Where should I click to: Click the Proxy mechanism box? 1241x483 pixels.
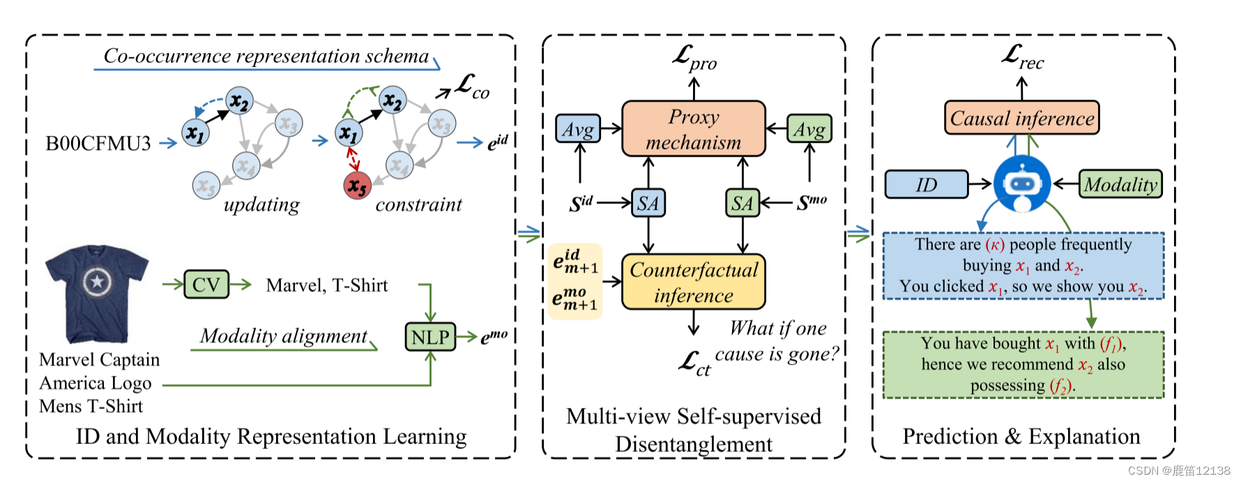pyautogui.click(x=693, y=129)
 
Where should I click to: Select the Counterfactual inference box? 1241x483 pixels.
pyautogui.click(x=693, y=282)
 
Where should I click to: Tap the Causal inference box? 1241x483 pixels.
pyautogui.click(x=1021, y=118)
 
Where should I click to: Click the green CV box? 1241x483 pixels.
pyautogui.click(x=206, y=284)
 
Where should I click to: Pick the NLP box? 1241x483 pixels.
pyautogui.click(x=430, y=337)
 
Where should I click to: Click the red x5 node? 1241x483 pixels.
pyautogui.click(x=357, y=186)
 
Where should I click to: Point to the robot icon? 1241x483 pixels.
pyautogui.click(x=1021, y=184)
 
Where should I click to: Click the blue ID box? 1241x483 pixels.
pyautogui.click(x=926, y=185)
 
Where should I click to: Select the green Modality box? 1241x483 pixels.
pyautogui.click(x=1120, y=185)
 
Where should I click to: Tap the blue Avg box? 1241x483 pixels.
pyautogui.click(x=578, y=129)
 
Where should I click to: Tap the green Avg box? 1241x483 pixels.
pyautogui.click(x=809, y=129)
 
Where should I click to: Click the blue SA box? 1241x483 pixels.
pyautogui.click(x=648, y=204)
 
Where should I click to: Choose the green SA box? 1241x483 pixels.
pyautogui.click(x=742, y=204)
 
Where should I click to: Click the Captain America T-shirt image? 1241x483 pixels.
pyautogui.click(x=96, y=293)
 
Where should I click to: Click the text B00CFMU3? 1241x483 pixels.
pyautogui.click(x=98, y=144)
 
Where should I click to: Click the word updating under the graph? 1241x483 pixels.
pyautogui.click(x=261, y=205)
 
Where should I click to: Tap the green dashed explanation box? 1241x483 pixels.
pyautogui.click(x=1023, y=365)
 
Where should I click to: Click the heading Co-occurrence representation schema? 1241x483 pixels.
pyautogui.click(x=266, y=56)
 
